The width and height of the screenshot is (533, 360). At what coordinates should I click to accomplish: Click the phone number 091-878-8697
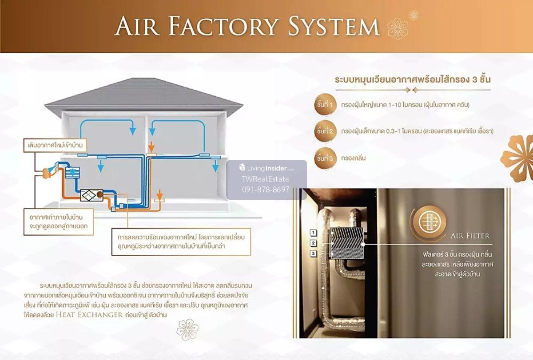266,190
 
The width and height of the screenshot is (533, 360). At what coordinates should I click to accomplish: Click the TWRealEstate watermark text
266,179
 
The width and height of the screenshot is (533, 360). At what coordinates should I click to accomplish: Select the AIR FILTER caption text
469,236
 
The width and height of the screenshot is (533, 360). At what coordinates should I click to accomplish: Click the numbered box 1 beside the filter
313,233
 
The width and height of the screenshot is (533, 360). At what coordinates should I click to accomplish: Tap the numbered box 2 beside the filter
313,243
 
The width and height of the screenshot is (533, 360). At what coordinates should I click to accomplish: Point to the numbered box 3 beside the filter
313,253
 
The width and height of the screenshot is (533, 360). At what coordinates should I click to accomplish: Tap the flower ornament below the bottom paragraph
188,329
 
